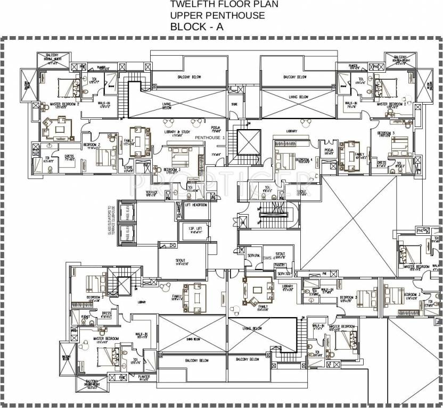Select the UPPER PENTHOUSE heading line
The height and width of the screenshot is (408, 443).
[217, 15]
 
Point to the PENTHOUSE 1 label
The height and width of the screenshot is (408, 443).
[210, 138]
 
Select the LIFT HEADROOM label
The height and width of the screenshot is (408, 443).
[195, 205]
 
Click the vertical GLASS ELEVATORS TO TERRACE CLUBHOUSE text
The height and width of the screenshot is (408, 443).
[112, 220]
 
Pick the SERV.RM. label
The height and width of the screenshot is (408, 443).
[253, 256]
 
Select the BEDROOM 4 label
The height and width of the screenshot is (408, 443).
[305, 159]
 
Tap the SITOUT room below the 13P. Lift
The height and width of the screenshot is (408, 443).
[181, 261]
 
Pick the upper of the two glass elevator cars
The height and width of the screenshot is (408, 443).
[127, 211]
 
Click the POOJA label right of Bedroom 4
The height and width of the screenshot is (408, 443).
[329, 150]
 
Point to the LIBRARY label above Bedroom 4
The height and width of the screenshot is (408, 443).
[291, 131]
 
